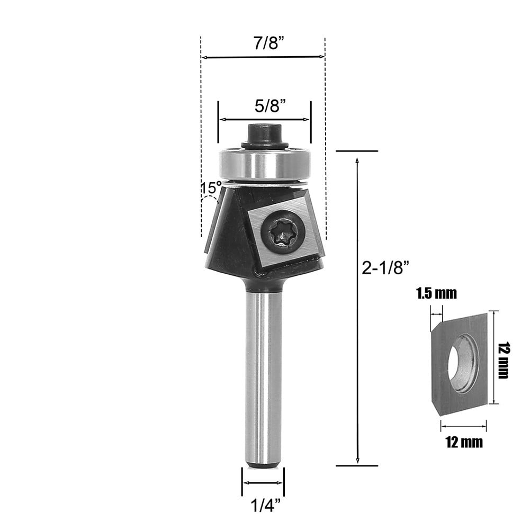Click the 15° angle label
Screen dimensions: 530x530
point(211,188)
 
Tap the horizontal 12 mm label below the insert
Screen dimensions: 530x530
point(464,442)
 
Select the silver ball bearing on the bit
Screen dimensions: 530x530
point(264,165)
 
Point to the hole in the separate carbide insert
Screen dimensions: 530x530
point(461,363)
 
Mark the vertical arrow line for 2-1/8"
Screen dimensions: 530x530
point(358,307)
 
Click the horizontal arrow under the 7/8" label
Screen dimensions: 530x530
point(263,57)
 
